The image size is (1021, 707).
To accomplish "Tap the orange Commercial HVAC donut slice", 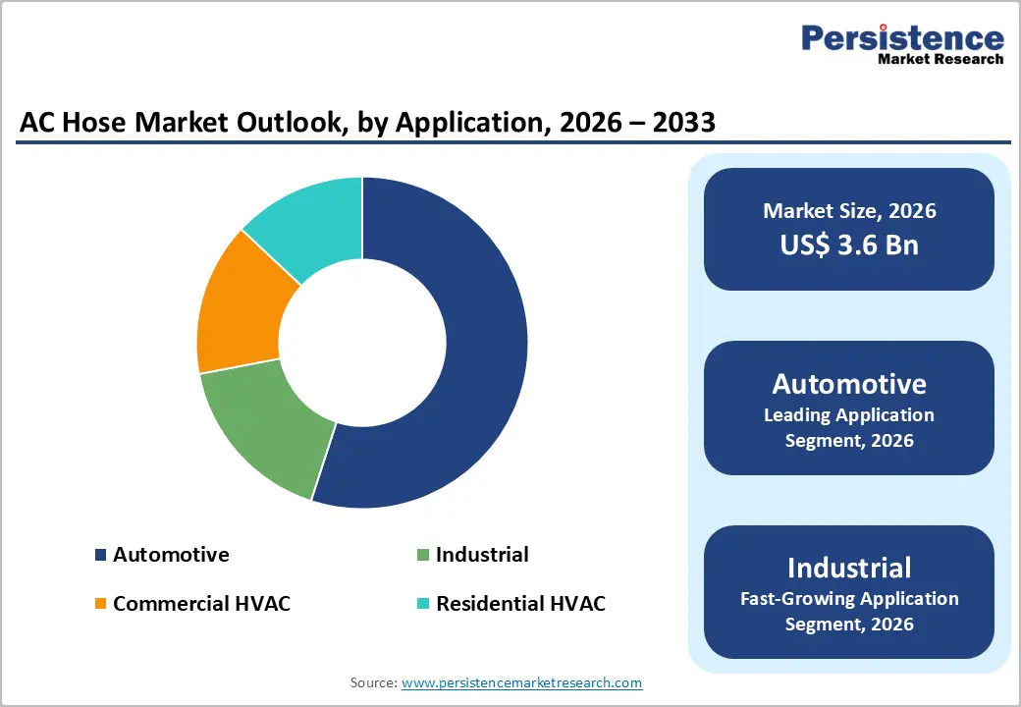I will (x=241, y=304).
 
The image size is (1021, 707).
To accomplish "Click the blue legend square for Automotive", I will (x=100, y=556).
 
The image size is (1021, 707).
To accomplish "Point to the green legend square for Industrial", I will (x=422, y=556).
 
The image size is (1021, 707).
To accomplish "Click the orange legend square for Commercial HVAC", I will (x=100, y=604).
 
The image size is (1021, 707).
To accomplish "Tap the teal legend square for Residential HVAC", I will (x=422, y=604).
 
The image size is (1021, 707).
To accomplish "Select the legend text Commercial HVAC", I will (x=201, y=604).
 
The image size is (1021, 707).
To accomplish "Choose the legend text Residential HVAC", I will (x=520, y=604).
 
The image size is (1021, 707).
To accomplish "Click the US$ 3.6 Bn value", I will (x=849, y=245).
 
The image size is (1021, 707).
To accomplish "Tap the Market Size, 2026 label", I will (x=849, y=211).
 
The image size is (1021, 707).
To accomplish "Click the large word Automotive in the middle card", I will (x=849, y=383).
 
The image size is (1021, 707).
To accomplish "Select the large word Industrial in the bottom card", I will (x=849, y=568).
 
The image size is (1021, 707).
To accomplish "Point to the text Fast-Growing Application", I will (x=849, y=598).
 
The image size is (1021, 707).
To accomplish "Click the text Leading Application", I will (x=849, y=414).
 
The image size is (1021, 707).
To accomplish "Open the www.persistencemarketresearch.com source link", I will (x=521, y=682).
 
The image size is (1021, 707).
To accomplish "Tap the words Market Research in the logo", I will (x=940, y=59).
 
